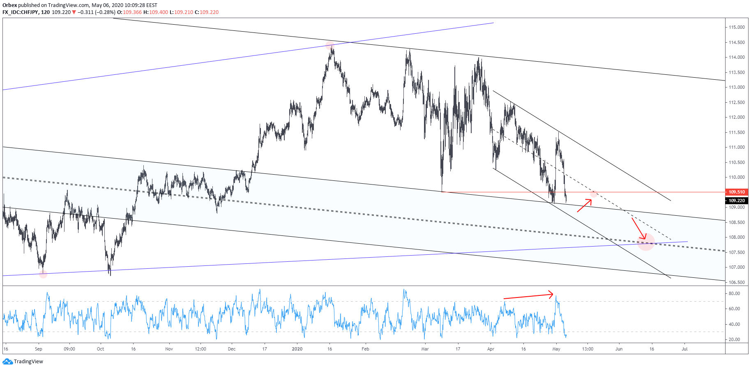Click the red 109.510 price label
[737, 192]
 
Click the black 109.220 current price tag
[737, 201]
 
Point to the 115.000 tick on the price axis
[737, 27]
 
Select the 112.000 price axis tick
[737, 117]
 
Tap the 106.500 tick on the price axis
[737, 282]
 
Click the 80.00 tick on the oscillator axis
[734, 293]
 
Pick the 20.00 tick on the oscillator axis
[734, 339]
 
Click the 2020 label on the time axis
[297, 349]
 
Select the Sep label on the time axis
[39, 349]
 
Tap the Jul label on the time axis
[684, 349]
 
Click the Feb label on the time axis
[365, 349]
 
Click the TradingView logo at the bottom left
[23, 362]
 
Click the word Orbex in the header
[9, 5]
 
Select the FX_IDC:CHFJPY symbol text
[21, 12]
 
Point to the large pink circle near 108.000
[646, 242]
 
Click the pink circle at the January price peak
[329, 45]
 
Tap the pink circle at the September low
[43, 274]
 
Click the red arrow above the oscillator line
[528, 296]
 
